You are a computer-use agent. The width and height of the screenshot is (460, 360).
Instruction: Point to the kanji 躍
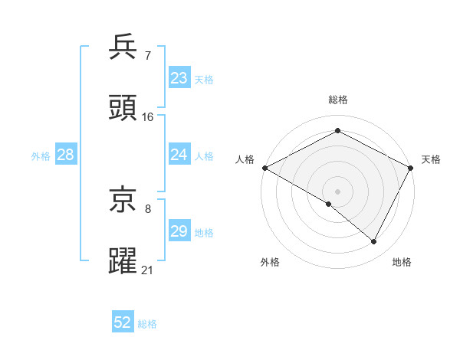coord(123,261)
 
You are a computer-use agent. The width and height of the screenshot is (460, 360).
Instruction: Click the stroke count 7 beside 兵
coord(147,55)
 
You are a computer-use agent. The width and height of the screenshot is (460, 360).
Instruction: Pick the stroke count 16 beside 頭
coord(148,117)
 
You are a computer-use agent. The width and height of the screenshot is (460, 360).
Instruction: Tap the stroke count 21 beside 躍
coord(148,270)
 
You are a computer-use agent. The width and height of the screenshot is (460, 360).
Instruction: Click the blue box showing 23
coord(179,78)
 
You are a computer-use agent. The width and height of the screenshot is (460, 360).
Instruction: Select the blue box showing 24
coord(179,155)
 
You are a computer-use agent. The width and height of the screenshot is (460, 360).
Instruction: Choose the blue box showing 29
coord(179,231)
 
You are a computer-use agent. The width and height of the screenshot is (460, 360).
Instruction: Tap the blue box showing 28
coord(65,155)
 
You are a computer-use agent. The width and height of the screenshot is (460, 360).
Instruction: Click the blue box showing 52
coord(122,323)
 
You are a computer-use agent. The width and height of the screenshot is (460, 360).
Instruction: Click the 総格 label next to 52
coord(147,324)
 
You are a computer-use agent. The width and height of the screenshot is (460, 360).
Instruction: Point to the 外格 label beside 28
coord(41,155)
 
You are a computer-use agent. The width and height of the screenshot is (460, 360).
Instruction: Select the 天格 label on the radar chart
coord(431,159)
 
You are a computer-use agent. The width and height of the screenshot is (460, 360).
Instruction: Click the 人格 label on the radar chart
coord(245,159)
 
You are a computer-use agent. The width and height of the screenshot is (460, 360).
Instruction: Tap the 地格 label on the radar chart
coord(402,262)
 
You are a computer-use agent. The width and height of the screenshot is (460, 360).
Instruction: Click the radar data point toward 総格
coord(337,131)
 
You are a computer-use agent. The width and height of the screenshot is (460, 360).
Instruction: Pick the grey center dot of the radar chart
coord(337,191)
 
